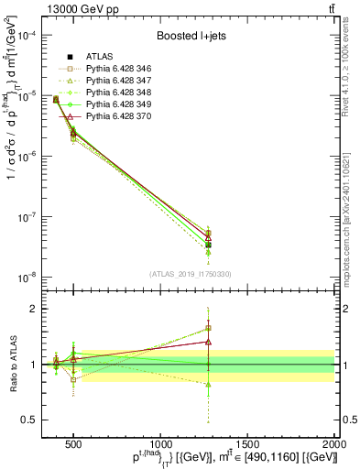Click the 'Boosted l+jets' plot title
tap(191, 37)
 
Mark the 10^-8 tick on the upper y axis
tap(30, 277)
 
